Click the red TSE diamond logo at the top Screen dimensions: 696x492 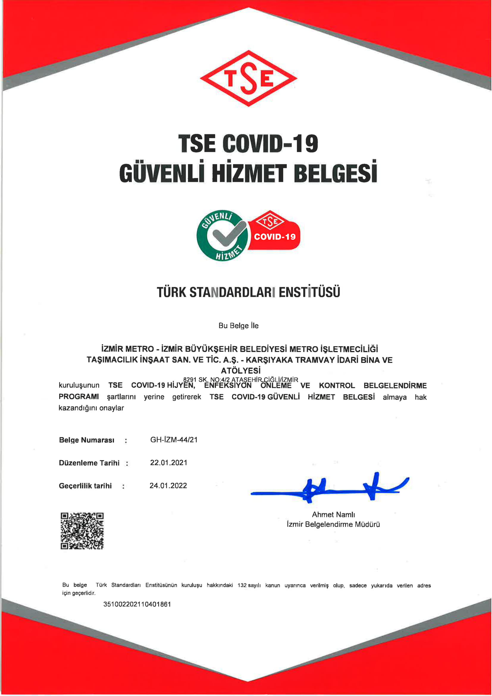click(x=248, y=79)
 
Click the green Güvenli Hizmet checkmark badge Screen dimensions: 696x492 click(x=222, y=235)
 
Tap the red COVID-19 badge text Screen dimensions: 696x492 click(x=275, y=236)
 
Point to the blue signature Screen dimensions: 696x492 click(x=330, y=488)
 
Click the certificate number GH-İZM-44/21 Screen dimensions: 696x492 click(x=174, y=440)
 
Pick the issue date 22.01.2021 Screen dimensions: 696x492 click(x=168, y=463)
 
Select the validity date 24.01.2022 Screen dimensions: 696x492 click(x=168, y=486)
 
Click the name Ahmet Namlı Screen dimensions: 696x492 click(x=333, y=514)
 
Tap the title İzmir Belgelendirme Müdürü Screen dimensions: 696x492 click(x=333, y=525)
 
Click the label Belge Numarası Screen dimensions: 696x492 click(x=87, y=440)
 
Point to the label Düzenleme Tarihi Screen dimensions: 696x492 click(x=89, y=463)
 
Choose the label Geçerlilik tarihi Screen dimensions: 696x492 click(x=85, y=486)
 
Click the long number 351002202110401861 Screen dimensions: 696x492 click(x=137, y=604)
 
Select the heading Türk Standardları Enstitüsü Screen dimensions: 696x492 click(x=248, y=292)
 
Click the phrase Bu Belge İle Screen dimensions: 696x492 click(x=239, y=326)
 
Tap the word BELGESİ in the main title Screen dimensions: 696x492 click(x=335, y=173)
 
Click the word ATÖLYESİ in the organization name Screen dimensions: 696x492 click(x=241, y=370)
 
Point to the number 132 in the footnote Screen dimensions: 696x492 click(x=242, y=585)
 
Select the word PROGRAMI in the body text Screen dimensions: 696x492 click(x=79, y=397)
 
